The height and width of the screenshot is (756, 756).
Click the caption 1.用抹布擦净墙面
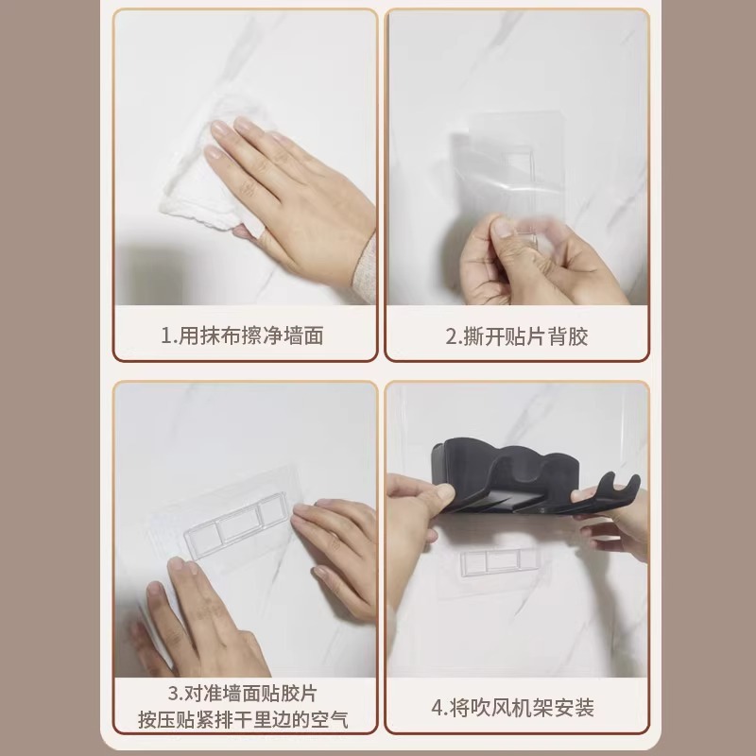245,335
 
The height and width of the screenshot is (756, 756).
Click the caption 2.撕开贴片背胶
517,335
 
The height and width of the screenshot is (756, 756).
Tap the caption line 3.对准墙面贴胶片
245,694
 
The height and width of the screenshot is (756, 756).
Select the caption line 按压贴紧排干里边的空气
245,720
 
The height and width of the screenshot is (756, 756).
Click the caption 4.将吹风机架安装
517,708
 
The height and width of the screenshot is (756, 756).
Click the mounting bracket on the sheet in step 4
500,562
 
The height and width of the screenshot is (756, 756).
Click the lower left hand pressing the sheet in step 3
203,614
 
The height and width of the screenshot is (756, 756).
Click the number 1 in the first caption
165,335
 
